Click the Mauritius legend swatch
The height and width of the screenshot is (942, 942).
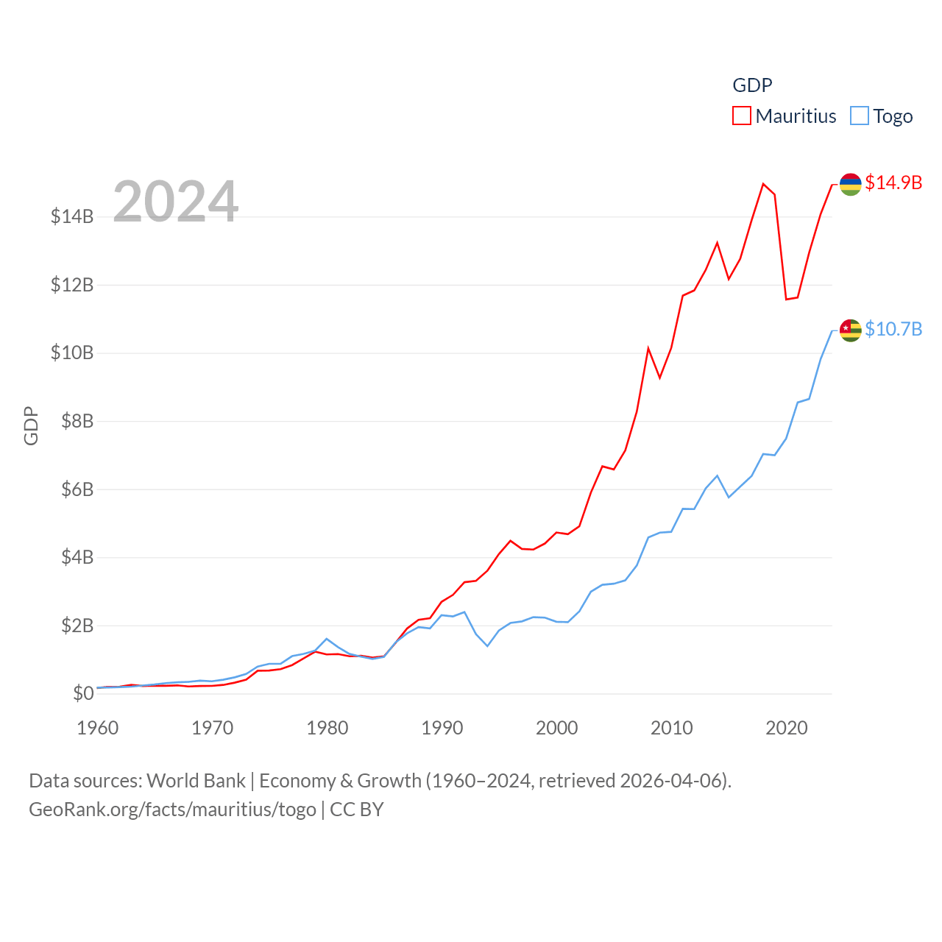(742, 116)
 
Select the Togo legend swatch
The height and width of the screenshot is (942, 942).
(860, 116)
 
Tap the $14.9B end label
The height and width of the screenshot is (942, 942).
(893, 183)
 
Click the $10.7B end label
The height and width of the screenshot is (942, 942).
(893, 329)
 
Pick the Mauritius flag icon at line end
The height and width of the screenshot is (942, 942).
(851, 184)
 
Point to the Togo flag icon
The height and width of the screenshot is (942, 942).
(851, 330)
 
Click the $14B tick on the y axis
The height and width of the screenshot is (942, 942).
(72, 216)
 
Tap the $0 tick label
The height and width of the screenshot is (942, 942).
(83, 693)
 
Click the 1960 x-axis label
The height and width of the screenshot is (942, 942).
(98, 729)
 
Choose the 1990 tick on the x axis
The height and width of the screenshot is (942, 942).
(442, 729)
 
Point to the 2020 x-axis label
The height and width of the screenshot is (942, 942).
(787, 729)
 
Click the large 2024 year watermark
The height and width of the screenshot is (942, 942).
(176, 201)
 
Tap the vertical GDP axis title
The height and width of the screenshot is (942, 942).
(31, 425)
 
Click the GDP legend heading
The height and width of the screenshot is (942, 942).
(752, 85)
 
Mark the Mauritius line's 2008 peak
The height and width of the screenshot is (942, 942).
(648, 349)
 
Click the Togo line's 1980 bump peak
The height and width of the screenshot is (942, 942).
(327, 639)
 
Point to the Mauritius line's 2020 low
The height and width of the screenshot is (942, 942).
(786, 299)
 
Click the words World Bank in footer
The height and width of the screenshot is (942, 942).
(196, 781)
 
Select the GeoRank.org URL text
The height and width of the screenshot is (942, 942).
(172, 810)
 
